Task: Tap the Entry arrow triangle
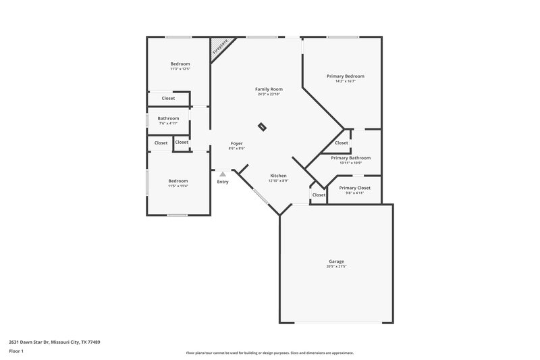click(x=222, y=174)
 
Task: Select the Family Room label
click(x=268, y=89)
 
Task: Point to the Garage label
click(x=336, y=261)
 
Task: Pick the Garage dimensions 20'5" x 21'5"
click(x=336, y=267)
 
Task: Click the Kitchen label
click(x=278, y=176)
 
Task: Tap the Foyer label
click(x=236, y=143)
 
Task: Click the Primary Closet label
click(x=354, y=188)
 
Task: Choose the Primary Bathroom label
click(x=350, y=157)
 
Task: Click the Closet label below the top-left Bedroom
click(x=168, y=99)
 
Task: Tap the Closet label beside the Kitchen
click(x=319, y=195)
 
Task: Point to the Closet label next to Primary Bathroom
click(x=342, y=143)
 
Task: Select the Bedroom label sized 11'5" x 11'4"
click(x=178, y=180)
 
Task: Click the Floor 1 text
click(x=16, y=352)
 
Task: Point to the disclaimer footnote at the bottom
click(x=269, y=353)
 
